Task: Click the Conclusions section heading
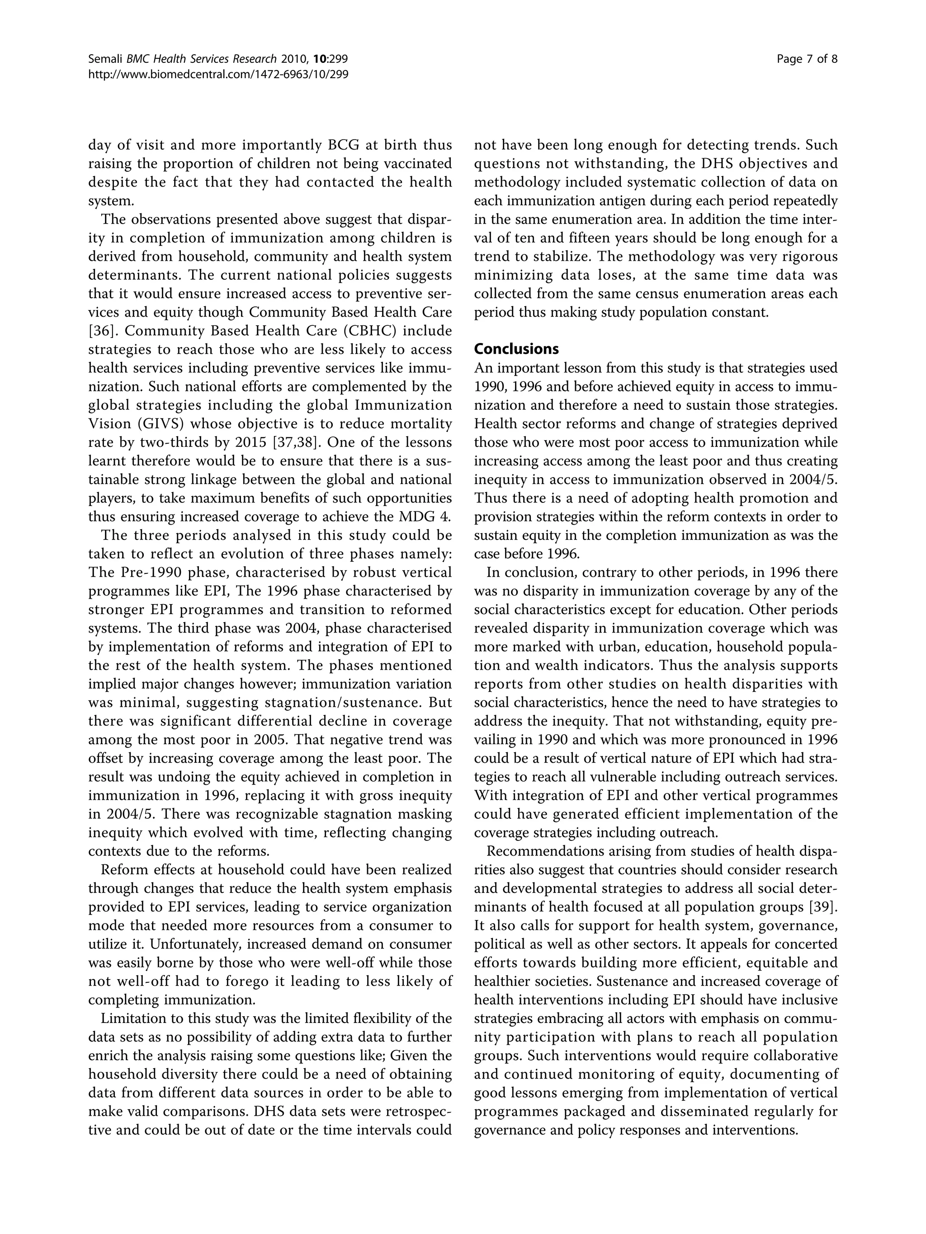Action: [516, 349]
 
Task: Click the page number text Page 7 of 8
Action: [807, 59]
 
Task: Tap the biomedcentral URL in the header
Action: [218, 74]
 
